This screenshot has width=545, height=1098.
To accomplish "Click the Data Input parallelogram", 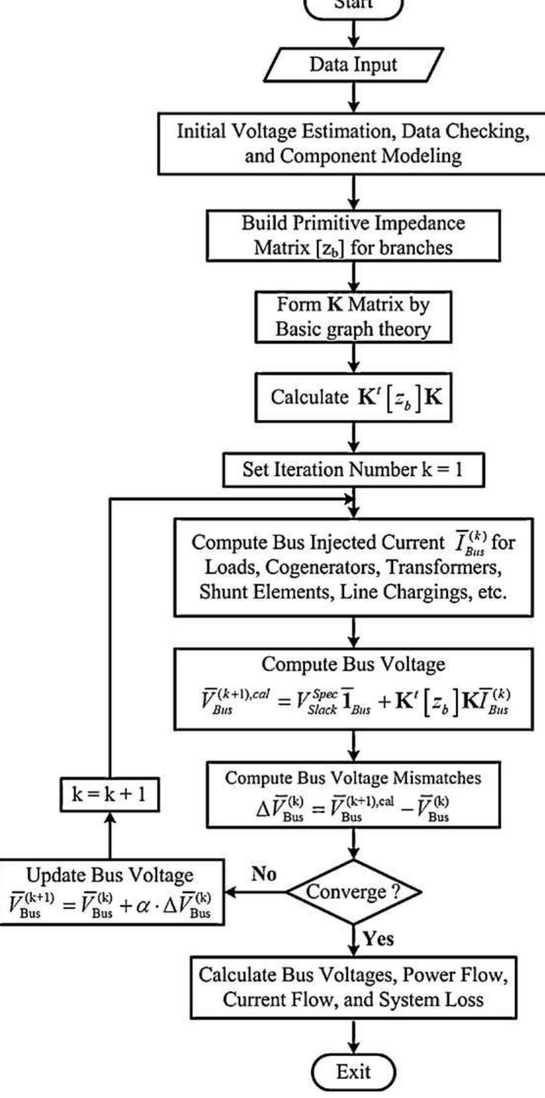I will pyautogui.click(x=353, y=65).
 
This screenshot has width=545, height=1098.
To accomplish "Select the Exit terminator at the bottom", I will pyautogui.click(x=353, y=1071).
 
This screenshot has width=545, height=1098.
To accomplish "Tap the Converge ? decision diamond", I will pyautogui.click(x=353, y=892).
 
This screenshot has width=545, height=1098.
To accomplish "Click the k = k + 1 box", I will pyautogui.click(x=109, y=794).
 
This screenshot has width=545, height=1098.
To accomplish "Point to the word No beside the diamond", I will pyautogui.click(x=264, y=874).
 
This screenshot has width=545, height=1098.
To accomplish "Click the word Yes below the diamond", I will pyautogui.click(x=378, y=939).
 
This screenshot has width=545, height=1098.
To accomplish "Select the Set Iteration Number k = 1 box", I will pyautogui.click(x=353, y=470).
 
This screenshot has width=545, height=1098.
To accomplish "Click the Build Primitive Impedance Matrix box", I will pyautogui.click(x=353, y=235).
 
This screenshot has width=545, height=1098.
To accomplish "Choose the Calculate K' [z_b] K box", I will pyautogui.click(x=353, y=398).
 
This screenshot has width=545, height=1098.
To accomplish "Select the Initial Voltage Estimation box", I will pyautogui.click(x=353, y=144).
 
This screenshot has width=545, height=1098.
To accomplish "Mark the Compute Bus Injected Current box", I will pyautogui.click(x=353, y=567).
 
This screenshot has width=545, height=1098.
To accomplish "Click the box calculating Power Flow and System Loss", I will pyautogui.click(x=353, y=987).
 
